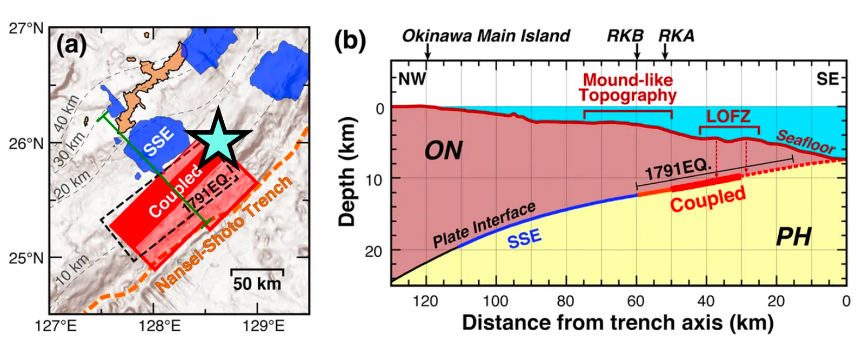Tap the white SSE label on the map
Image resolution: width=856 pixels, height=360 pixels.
point(159,142)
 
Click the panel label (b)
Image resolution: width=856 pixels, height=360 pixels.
point(350,41)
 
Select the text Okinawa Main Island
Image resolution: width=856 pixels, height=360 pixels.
point(486,36)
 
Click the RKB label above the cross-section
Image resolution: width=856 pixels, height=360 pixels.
point(625,36)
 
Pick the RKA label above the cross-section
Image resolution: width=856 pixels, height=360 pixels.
point(676,36)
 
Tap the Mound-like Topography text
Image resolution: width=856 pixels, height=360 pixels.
point(627,88)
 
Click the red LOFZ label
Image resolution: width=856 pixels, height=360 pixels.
point(728,116)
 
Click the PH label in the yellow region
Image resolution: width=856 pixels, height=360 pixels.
point(793,237)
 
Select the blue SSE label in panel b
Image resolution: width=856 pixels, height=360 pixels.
point(524,238)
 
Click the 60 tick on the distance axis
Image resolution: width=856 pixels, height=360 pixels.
point(636,301)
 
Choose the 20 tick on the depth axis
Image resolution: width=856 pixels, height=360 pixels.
point(373,251)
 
